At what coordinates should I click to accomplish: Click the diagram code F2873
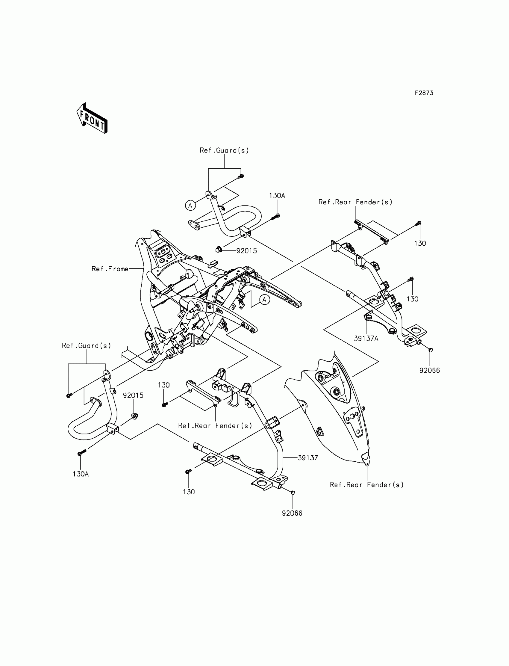coord(424,93)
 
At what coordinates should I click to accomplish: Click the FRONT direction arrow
coord(92,119)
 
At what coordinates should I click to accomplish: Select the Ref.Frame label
coord(110,269)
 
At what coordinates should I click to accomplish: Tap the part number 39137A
coord(366,339)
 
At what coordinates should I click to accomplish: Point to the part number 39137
coord(308,458)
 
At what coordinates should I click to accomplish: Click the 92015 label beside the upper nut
coord(247,251)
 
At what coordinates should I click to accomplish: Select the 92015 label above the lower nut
coord(133,395)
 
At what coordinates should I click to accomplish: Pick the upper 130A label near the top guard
coord(277,196)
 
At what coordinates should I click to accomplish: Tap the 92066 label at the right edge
coord(430,370)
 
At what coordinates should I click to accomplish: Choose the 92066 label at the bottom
coord(292,513)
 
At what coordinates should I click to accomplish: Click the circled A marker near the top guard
coord(190,206)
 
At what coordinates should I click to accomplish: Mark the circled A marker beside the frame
coord(264,300)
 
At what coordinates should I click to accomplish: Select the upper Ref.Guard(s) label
coord(224,150)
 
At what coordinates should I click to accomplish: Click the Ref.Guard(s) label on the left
coord(86,345)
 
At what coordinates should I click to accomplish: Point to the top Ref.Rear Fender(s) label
coord(355,202)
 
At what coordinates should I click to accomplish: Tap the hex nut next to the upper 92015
coord(219,250)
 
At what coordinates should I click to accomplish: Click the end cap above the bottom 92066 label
coord(293,493)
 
